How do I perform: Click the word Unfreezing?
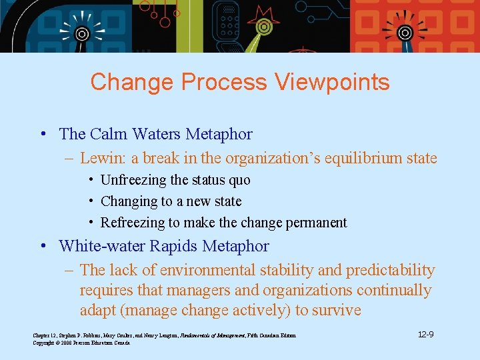(133, 180)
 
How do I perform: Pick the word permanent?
(317, 223)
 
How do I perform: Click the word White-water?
(102, 246)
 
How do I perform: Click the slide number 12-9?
(426, 334)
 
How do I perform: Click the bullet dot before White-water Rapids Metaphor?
(43, 246)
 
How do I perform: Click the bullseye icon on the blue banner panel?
(82, 33)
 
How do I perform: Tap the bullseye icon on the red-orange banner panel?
(405, 33)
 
